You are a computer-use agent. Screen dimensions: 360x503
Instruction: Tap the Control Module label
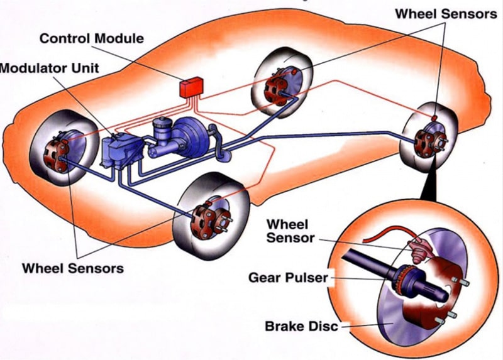91,38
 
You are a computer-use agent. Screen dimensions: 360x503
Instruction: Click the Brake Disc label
302,326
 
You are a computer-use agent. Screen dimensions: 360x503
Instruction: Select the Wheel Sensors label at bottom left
73,268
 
